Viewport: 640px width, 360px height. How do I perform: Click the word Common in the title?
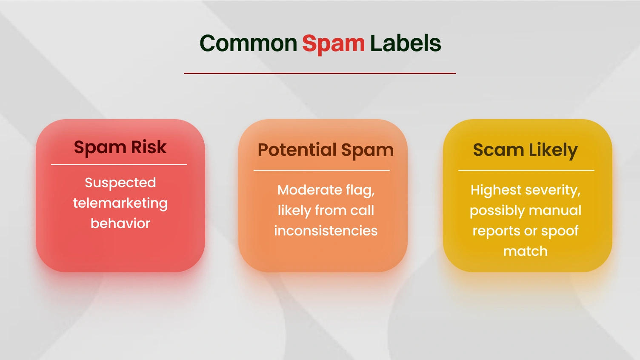coord(248,43)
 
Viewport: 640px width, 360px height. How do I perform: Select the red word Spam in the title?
coord(333,43)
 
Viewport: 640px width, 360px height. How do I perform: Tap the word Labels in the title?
coord(405,43)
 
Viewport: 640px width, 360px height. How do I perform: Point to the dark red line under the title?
coord(320,73)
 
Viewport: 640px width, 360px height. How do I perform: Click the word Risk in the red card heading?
coord(149,147)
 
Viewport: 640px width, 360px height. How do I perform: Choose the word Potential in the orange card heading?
coord(297,150)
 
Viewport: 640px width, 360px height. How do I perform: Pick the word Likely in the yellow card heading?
coord(553,150)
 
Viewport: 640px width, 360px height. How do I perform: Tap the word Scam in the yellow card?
coord(498,150)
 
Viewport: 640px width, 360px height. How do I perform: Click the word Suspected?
coord(120,183)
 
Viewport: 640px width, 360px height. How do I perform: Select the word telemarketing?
coord(120,203)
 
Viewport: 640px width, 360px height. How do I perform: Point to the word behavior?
coord(120,223)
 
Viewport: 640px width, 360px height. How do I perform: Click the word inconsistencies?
coord(326,231)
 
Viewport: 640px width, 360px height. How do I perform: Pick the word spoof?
coord(560,231)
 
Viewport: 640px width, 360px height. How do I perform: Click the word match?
coord(525,251)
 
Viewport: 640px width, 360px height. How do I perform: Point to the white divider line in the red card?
coord(119,165)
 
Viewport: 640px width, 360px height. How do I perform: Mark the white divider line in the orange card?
coord(322,171)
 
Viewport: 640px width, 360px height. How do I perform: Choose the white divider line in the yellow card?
coord(526,171)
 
